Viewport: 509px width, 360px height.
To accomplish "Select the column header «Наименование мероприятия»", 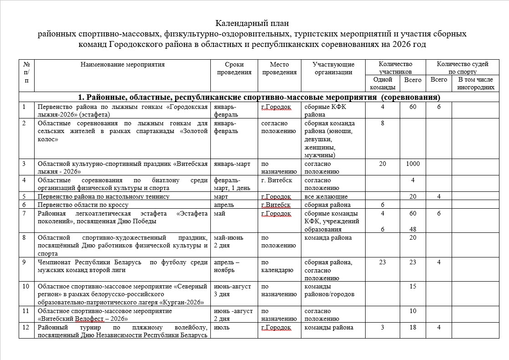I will tap(122, 65).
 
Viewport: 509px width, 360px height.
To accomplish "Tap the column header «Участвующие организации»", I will tap(333, 68).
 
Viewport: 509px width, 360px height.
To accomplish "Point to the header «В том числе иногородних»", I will tap(475, 83).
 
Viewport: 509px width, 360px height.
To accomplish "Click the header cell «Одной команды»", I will tap(382, 83).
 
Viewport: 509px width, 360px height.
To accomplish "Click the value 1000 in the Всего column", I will tap(412, 164).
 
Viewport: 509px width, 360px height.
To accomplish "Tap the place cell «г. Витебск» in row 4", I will tap(276, 180).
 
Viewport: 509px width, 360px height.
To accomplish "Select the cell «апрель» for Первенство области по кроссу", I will tap(223, 205).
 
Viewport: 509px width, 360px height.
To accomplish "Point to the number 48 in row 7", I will tap(412, 230).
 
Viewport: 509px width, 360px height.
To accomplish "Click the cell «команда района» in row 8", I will tap(328, 238).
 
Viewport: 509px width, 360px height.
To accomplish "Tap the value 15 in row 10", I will tap(412, 287).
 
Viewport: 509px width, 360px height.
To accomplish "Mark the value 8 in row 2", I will tap(382, 123).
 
